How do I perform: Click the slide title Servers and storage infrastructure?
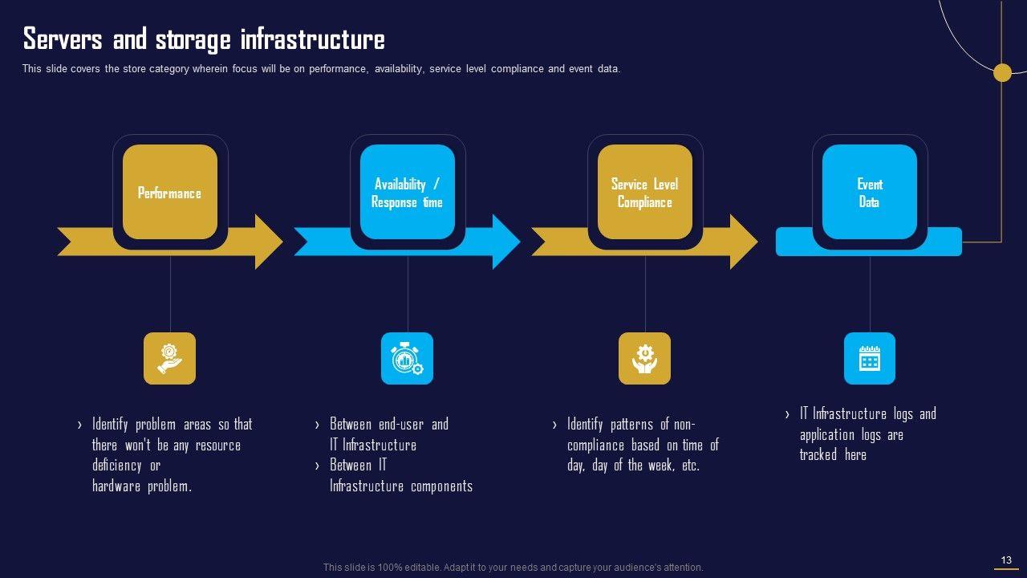coord(204,39)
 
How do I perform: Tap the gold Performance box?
coord(170,193)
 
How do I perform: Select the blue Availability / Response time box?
coord(407,193)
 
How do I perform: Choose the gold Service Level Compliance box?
coord(644,193)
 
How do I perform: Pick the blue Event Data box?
coord(869,193)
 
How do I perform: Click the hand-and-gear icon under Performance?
coord(169,358)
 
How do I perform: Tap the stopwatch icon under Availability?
coord(407,358)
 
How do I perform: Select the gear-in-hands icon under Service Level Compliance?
coord(644,358)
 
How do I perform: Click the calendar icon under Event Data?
coord(869,358)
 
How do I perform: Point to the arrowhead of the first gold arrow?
coord(268,242)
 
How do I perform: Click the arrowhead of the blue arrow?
coord(505,242)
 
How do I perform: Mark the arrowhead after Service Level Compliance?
coord(743,242)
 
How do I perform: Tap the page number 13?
coord(1006,560)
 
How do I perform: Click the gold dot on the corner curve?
coord(1002,73)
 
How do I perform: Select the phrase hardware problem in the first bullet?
coord(142,486)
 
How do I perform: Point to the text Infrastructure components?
coord(401,486)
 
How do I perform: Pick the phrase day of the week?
coord(634,466)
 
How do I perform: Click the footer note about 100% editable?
coord(513,568)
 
